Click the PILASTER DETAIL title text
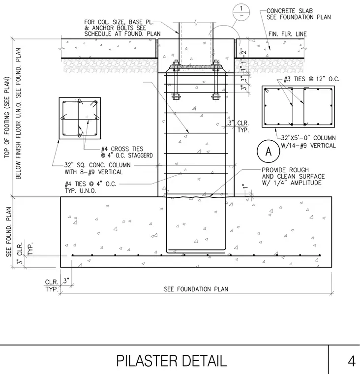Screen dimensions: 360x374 pyautogui.click(x=172, y=361)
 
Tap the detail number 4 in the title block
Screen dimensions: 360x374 pyautogui.click(x=352, y=361)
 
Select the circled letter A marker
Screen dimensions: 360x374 pyautogui.click(x=269, y=151)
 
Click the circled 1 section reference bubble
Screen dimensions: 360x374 pyautogui.click(x=241, y=12)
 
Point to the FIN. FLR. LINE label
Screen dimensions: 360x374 pyautogui.click(x=288, y=34)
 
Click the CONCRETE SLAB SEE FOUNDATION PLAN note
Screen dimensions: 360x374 pyautogui.click(x=299, y=14)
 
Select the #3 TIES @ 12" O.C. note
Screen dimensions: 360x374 pyautogui.click(x=311, y=79)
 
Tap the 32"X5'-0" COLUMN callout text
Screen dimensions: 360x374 pyautogui.click(x=308, y=138)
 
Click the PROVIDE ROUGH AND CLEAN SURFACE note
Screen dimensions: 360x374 pyautogui.click(x=293, y=177)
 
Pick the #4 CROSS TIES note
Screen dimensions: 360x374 pyautogui.click(x=127, y=152)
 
